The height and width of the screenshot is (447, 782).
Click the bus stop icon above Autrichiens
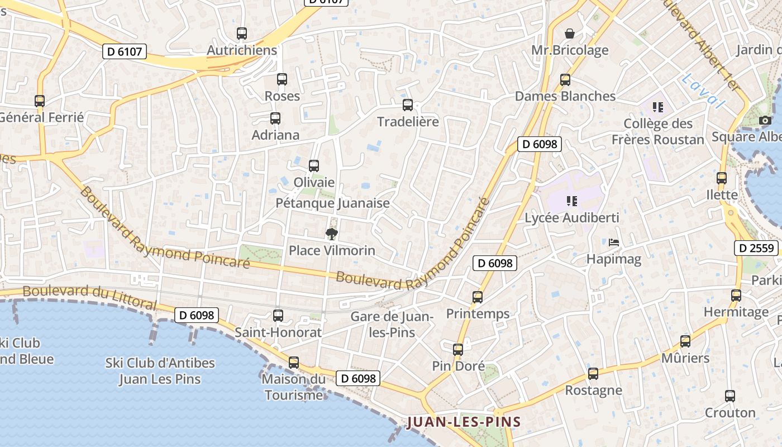(241, 34)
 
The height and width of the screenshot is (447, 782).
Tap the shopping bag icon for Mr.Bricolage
(570, 34)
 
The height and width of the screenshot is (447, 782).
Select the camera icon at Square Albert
(765, 120)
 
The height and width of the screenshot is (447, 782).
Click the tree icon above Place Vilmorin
(331, 234)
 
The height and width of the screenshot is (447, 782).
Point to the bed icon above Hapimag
(614, 242)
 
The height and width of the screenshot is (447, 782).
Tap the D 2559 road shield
(756, 248)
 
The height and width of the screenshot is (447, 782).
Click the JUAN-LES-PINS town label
(464, 422)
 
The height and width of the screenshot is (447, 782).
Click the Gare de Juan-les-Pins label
(392, 324)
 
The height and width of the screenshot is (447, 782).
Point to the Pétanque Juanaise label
(332, 203)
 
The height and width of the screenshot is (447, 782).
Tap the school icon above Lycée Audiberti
(571, 201)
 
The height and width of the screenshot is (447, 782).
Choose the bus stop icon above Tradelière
(408, 105)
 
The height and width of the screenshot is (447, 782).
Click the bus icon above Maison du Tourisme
(294, 363)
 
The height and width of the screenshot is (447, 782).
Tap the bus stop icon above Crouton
(729, 396)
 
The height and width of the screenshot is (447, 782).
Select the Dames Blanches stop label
(565, 96)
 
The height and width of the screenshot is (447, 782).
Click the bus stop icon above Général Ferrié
(40, 101)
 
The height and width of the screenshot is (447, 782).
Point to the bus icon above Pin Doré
(458, 350)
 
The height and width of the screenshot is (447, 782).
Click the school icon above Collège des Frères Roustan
(658, 107)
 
